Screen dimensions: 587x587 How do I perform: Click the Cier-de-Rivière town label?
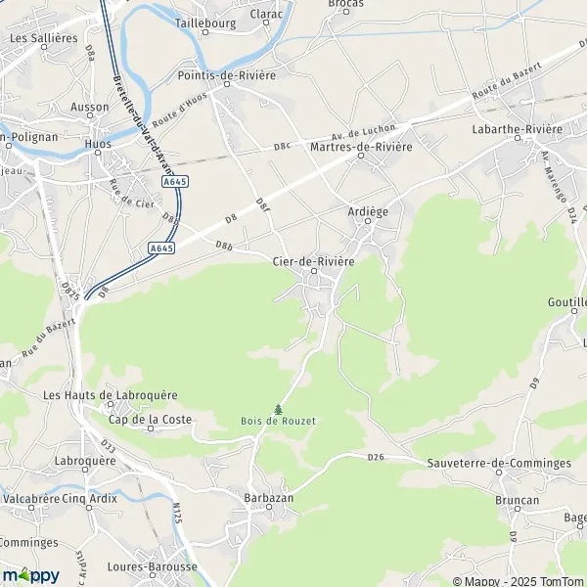coord(313,261)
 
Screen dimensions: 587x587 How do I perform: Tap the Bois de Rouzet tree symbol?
coord(279,409)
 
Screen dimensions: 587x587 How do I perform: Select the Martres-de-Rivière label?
coord(360,147)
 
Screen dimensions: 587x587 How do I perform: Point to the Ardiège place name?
coord(368,209)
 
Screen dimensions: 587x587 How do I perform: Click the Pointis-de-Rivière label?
coord(227,74)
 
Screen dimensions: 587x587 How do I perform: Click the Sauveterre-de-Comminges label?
coord(499,463)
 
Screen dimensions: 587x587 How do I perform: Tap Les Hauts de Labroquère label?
coord(111,394)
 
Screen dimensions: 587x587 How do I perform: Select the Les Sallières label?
coord(43,37)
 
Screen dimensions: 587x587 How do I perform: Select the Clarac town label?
coord(266,15)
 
